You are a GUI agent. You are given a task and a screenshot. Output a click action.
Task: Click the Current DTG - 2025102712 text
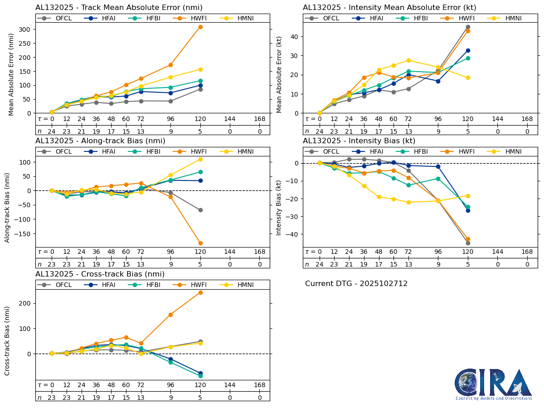pyautogui.click(x=356, y=284)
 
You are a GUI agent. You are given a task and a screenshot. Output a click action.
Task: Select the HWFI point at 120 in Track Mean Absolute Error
pyautogui.click(x=200, y=27)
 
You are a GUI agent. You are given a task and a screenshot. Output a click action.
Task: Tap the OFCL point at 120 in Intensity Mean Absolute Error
pyautogui.click(x=468, y=27)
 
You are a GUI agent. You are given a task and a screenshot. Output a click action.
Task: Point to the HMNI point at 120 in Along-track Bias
pyautogui.click(x=200, y=159)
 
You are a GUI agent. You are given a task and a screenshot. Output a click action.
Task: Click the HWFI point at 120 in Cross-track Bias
pyautogui.click(x=200, y=292)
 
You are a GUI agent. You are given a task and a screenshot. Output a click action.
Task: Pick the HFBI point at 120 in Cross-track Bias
pyautogui.click(x=200, y=376)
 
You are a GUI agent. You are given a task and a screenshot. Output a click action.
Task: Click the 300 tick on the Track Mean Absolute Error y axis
pyautogui.click(x=26, y=29)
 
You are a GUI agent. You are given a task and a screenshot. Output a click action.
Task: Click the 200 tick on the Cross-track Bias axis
pyautogui.click(x=26, y=303)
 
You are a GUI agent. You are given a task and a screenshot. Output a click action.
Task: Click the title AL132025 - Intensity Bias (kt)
pyautogui.click(x=359, y=141)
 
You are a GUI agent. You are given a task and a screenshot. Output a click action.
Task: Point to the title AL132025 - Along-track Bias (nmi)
pyautogui.click(x=100, y=141)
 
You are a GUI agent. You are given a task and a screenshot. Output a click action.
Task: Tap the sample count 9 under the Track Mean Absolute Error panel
pyautogui.click(x=171, y=131)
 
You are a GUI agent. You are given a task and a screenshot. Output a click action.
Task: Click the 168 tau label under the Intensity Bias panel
pyautogui.click(x=527, y=252)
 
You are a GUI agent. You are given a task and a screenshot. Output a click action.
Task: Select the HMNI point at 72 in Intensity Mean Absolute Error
pyautogui.click(x=408, y=60)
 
